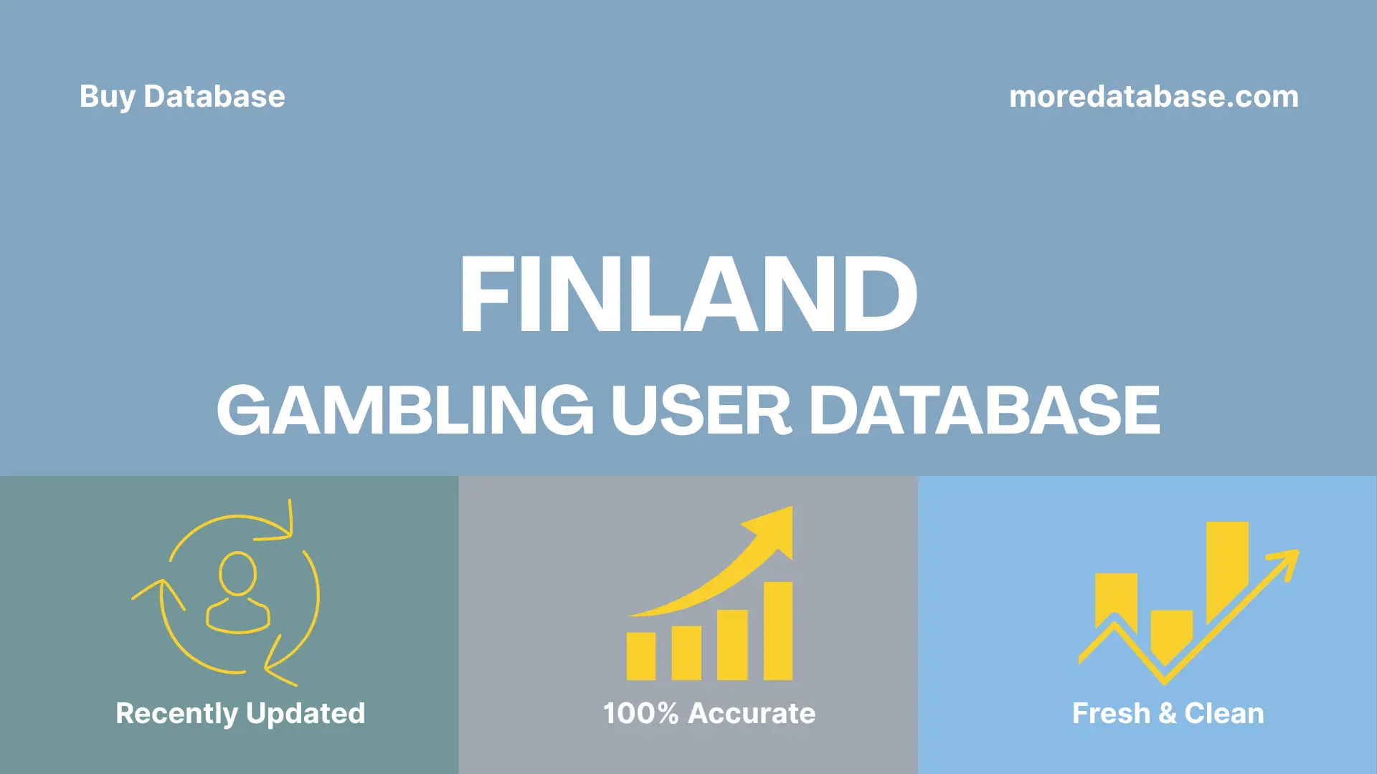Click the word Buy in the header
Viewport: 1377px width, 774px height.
(107, 97)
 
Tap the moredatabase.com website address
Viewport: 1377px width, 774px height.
(1153, 97)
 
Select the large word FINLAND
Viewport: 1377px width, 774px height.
(688, 295)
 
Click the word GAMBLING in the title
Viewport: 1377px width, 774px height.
(405, 411)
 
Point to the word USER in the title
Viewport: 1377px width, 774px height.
(701, 411)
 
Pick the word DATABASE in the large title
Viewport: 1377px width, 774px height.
(984, 411)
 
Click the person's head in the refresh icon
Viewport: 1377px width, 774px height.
(238, 573)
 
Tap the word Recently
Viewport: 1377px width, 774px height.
(176, 714)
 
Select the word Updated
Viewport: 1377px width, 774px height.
(306, 714)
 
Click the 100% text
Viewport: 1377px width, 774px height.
(640, 714)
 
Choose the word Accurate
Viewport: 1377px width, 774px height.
(752, 714)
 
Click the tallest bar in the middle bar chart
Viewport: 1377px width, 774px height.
(777, 631)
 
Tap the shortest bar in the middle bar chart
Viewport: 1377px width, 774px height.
(640, 656)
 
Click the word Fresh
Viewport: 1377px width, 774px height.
(1111, 714)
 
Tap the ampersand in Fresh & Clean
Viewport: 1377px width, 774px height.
(1167, 714)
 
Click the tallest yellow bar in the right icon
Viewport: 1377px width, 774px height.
(1227, 570)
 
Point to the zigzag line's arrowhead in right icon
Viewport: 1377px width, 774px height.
(1287, 560)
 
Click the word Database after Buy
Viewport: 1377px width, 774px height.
(214, 97)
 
